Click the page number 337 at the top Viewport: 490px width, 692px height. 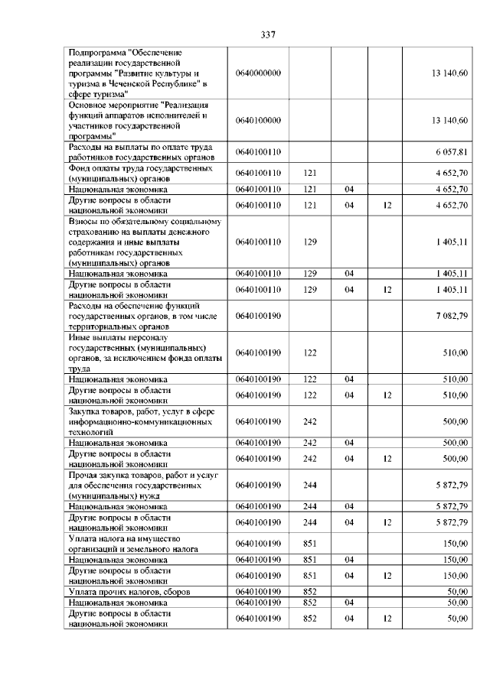(x=267, y=34)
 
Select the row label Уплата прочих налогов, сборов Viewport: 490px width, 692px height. (x=129, y=592)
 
